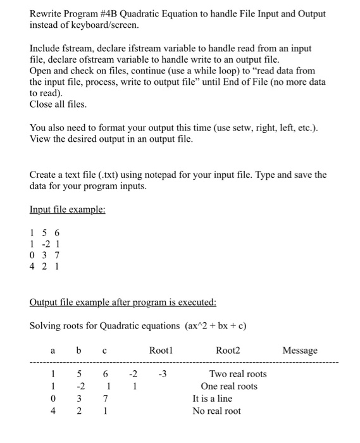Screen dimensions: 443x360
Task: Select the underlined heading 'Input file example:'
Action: [67, 209]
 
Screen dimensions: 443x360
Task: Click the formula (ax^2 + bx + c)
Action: [215, 326]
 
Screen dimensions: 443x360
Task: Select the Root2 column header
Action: [228, 350]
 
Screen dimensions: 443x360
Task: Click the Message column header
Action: [300, 350]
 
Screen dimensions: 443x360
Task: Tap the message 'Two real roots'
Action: [238, 374]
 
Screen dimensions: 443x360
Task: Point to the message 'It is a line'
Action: [212, 399]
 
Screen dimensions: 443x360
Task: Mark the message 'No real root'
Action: [216, 411]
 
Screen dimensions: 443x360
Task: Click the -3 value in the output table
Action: [162, 374]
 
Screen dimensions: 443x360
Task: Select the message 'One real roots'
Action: [229, 386]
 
